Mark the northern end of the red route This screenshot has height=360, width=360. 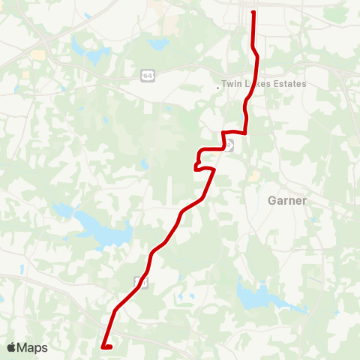point(253,13)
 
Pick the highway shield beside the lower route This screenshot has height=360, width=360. point(138,281)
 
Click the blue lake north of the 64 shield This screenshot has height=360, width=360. point(159,44)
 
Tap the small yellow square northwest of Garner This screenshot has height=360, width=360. point(254,175)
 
